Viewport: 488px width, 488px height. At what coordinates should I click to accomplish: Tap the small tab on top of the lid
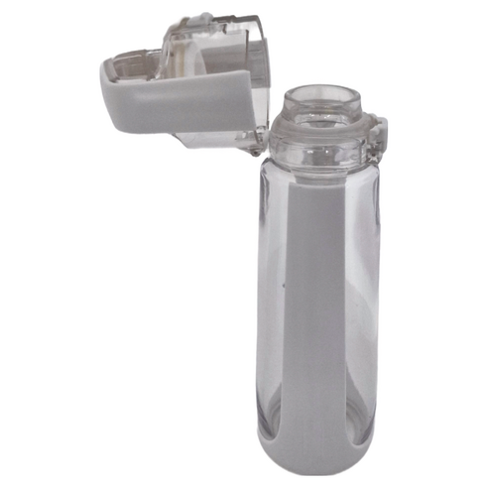point(203,18)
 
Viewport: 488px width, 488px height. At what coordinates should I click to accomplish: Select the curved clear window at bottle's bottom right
point(363,417)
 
